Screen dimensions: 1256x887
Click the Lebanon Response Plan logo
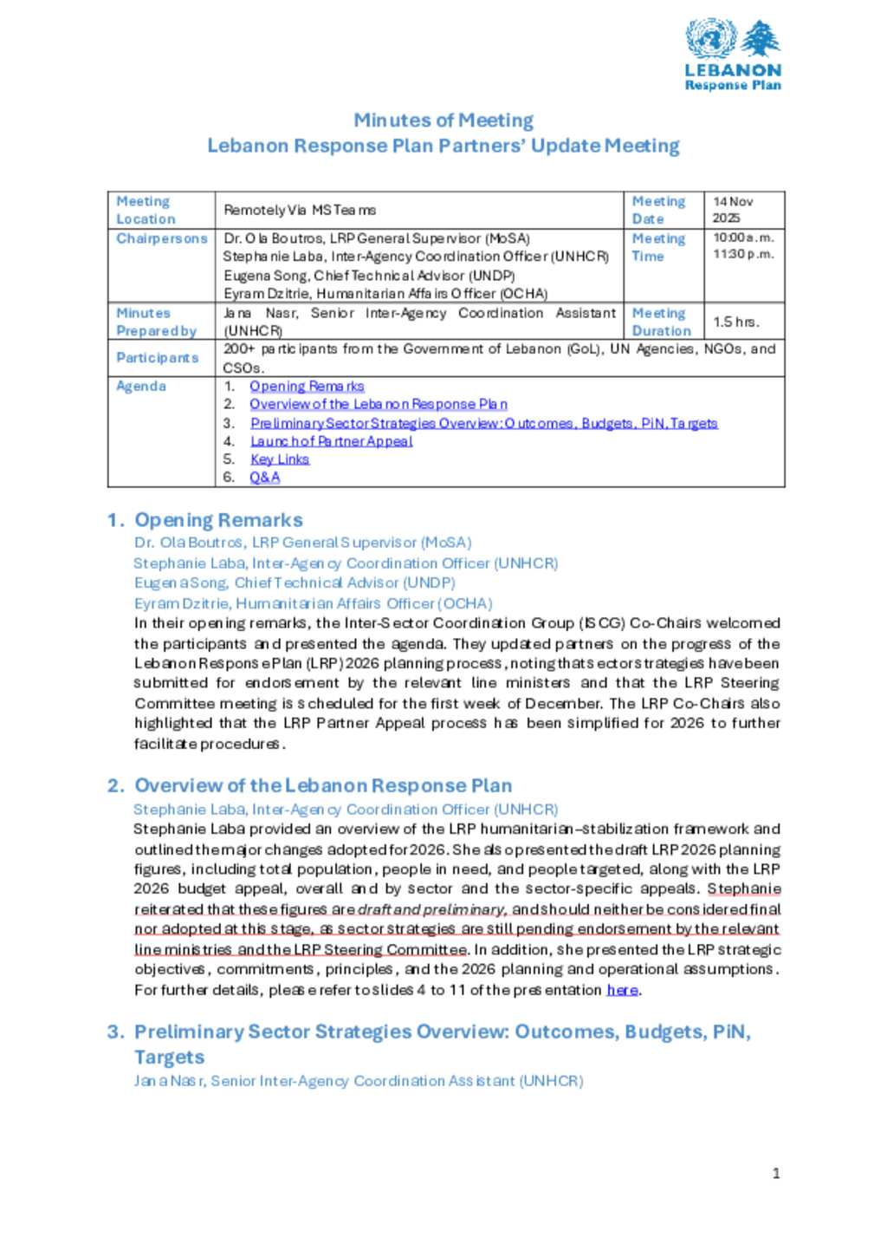point(733,55)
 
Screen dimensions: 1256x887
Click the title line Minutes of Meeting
point(443,120)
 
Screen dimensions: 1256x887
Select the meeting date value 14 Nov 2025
point(732,210)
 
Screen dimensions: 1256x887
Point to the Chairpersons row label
point(162,238)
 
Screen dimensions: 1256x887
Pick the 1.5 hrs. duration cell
point(736,322)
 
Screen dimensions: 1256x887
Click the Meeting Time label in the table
point(658,247)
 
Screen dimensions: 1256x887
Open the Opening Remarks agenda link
point(307,386)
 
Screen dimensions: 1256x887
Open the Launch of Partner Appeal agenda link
point(331,441)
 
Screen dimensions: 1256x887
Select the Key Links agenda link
point(280,459)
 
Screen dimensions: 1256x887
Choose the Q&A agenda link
point(264,478)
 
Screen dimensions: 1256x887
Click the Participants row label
point(158,358)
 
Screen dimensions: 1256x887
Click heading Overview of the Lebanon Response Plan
point(323,785)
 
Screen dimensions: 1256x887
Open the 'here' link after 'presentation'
point(622,990)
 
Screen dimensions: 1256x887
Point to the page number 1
point(776,1174)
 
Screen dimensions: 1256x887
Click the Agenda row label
point(141,386)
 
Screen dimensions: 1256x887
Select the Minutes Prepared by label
point(156,322)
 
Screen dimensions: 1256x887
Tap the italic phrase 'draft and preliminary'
point(431,909)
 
